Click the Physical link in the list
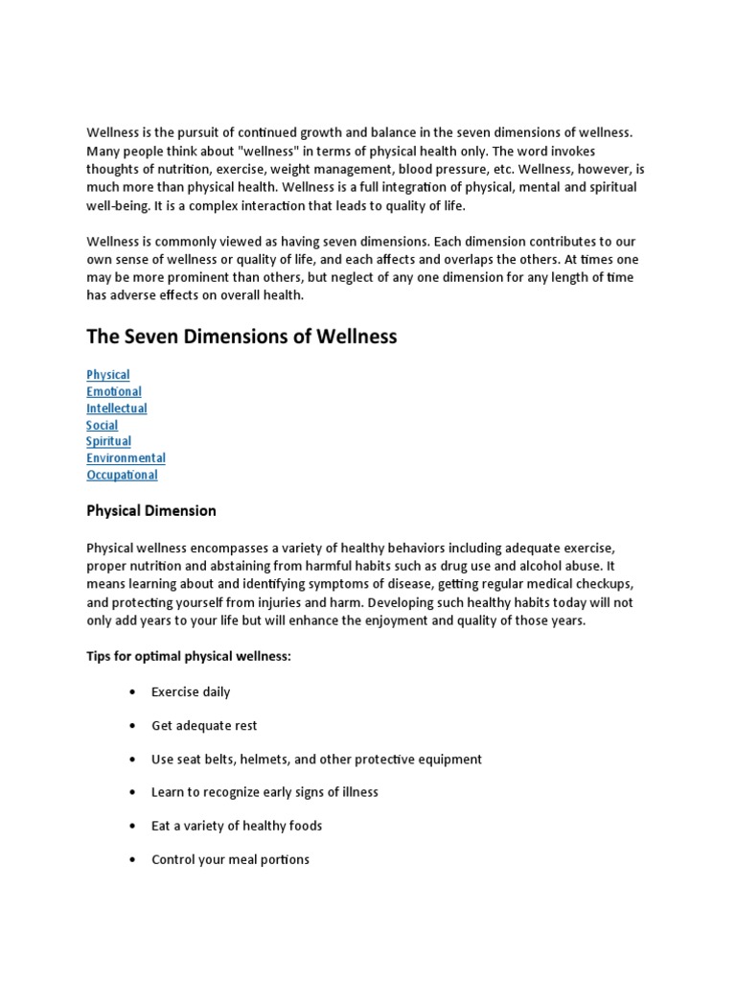tap(107, 375)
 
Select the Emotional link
tap(113, 391)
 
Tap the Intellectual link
tap(116, 409)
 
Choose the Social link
tap(102, 425)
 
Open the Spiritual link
tap(108, 441)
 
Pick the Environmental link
tap(126, 458)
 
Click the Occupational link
tap(122, 475)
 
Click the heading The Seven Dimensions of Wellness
tap(241, 337)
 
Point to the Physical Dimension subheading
tap(150, 511)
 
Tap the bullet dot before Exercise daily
tap(130, 692)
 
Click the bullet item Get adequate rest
tap(204, 726)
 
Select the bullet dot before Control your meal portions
tap(130, 860)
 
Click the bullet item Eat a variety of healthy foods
tap(237, 827)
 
